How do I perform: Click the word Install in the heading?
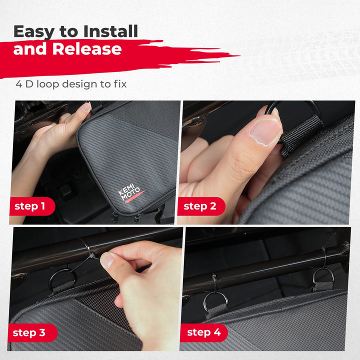[110, 31]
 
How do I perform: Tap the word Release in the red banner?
[87, 48]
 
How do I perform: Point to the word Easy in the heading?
[34, 32]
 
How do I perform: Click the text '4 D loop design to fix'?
[71, 84]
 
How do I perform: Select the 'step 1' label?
[30, 206]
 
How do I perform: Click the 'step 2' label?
[199, 206]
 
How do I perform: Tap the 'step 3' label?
[29, 332]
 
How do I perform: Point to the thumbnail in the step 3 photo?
[107, 260]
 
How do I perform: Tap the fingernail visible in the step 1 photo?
[87, 107]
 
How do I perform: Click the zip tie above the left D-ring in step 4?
[214, 282]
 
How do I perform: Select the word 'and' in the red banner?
[30, 49]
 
